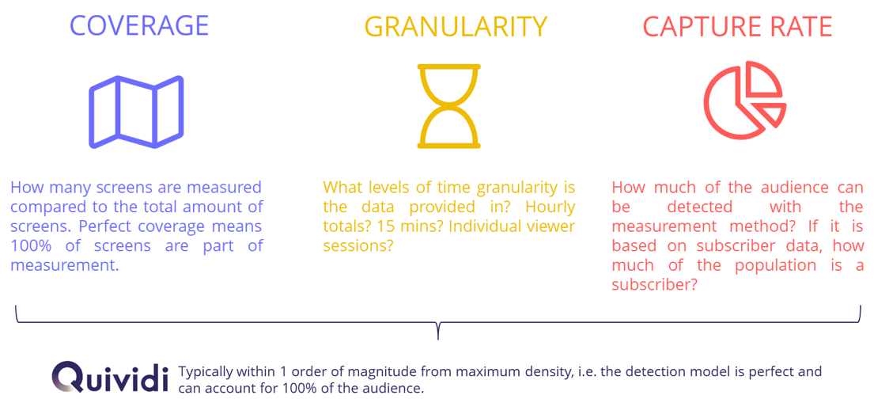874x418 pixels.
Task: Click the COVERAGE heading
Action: point(138,25)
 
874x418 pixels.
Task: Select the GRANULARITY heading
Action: point(456,27)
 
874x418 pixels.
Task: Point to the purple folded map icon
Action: point(137,112)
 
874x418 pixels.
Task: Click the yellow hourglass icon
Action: point(448,105)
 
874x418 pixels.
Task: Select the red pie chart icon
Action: point(744,101)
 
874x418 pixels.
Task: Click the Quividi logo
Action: point(109,376)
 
